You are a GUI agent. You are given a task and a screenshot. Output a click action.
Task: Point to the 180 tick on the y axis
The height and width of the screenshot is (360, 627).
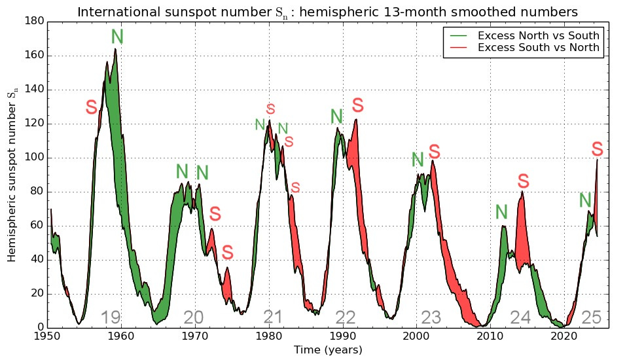[35, 22]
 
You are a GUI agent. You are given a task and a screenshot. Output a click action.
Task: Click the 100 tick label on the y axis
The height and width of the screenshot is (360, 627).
[35, 158]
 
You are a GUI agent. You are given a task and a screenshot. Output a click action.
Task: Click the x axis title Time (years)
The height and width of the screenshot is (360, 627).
[327, 350]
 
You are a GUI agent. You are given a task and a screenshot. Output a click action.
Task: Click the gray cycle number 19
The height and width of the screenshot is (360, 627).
[111, 318]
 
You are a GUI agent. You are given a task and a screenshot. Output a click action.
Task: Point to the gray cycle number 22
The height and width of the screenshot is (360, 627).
[346, 318]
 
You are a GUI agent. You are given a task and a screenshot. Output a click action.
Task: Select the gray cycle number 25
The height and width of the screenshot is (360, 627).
[591, 318]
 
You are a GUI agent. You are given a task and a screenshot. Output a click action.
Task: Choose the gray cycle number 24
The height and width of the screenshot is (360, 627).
[520, 318]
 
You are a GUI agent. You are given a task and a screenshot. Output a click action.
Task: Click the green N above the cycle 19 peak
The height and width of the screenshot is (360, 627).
[117, 37]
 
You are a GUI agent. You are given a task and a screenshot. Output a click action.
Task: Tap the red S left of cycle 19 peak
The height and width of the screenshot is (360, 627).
[92, 108]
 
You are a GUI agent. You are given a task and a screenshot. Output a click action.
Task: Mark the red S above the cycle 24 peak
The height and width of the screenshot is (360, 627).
[523, 181]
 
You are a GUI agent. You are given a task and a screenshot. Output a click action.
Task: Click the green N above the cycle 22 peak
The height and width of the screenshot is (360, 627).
[336, 117]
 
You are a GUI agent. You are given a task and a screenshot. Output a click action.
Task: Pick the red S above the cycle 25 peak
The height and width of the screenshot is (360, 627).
[597, 149]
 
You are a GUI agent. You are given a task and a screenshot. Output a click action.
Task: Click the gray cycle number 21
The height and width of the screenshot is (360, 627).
[272, 318]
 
